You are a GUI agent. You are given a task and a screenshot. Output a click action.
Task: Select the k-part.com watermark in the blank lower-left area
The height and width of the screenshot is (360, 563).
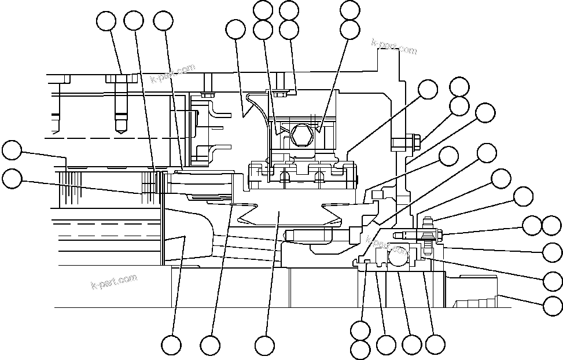tap(115, 281)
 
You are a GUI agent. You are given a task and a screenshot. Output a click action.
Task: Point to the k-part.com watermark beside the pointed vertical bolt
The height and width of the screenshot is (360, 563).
tap(173, 74)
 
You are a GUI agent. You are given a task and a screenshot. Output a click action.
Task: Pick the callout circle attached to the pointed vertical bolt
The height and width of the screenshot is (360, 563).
tap(106, 21)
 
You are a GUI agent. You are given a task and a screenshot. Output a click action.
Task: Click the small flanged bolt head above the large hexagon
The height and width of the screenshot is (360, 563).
tap(280, 93)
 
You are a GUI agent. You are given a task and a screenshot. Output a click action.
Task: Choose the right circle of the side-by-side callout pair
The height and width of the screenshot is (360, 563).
tap(552, 225)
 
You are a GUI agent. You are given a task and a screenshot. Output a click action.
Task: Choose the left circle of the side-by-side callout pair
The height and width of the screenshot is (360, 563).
tap(533, 225)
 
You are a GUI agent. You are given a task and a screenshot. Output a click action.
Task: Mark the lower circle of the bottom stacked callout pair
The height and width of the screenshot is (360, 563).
tap(360, 349)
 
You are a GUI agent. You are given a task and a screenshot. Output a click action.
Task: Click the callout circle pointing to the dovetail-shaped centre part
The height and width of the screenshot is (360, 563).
tap(264, 346)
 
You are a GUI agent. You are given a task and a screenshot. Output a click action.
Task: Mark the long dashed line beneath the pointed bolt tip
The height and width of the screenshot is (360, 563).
tap(104, 139)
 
